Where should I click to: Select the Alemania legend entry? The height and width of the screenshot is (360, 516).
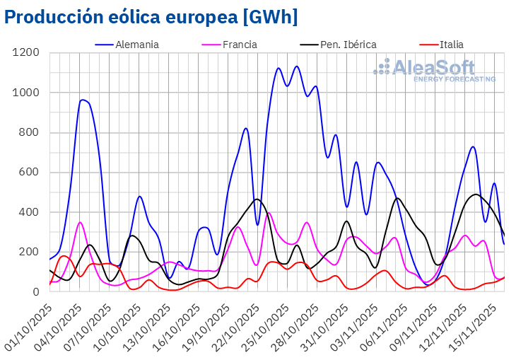tap(137, 45)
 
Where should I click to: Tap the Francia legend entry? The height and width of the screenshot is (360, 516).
tap(239, 45)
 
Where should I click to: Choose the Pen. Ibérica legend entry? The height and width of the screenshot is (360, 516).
tap(348, 45)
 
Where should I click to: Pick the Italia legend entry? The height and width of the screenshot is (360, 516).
tap(451, 45)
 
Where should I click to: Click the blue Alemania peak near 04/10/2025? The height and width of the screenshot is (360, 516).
tap(83, 100)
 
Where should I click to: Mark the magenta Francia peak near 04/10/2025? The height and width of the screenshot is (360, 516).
tap(80, 222)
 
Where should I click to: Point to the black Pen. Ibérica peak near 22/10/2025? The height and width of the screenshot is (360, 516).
tap(257, 199)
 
